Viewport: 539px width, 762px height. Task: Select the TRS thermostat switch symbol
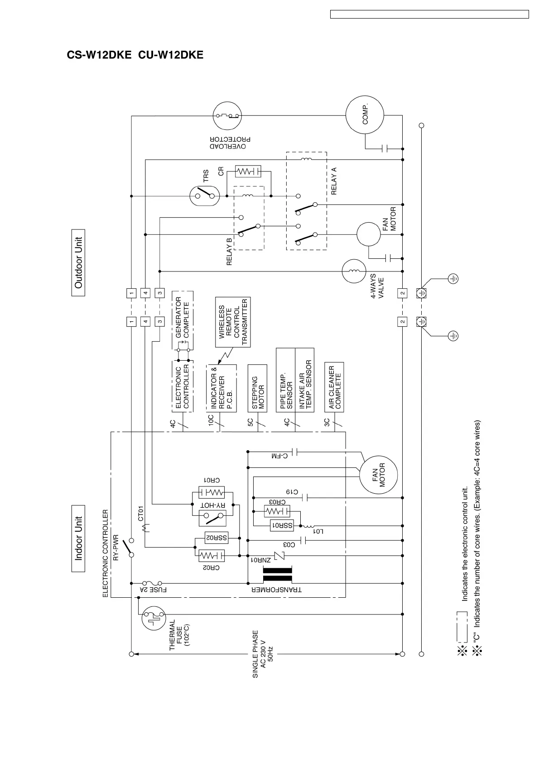pyautogui.click(x=205, y=196)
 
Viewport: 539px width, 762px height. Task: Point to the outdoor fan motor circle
pyautogui.click(x=369, y=234)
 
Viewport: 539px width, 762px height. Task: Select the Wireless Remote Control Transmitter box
pyautogui.click(x=233, y=322)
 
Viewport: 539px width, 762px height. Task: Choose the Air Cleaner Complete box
pyautogui.click(x=334, y=387)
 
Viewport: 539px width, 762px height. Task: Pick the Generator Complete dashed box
pyautogui.click(x=183, y=320)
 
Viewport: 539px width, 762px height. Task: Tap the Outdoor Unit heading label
pyautogui.click(x=78, y=263)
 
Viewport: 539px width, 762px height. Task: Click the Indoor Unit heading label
pyautogui.click(x=78, y=538)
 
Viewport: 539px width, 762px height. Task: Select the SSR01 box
pyautogui.click(x=282, y=525)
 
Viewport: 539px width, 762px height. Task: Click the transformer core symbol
pyautogui.click(x=277, y=574)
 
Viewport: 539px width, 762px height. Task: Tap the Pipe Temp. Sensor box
pyautogui.click(x=286, y=380)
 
